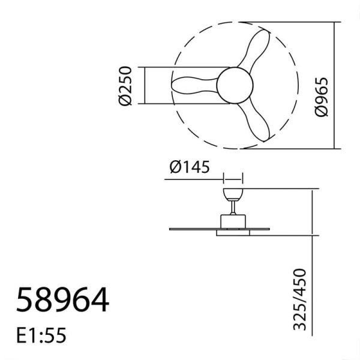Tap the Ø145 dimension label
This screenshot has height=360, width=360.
coord(189,167)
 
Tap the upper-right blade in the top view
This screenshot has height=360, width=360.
coord(255,51)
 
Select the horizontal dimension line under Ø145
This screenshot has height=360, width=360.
coord(233,178)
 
